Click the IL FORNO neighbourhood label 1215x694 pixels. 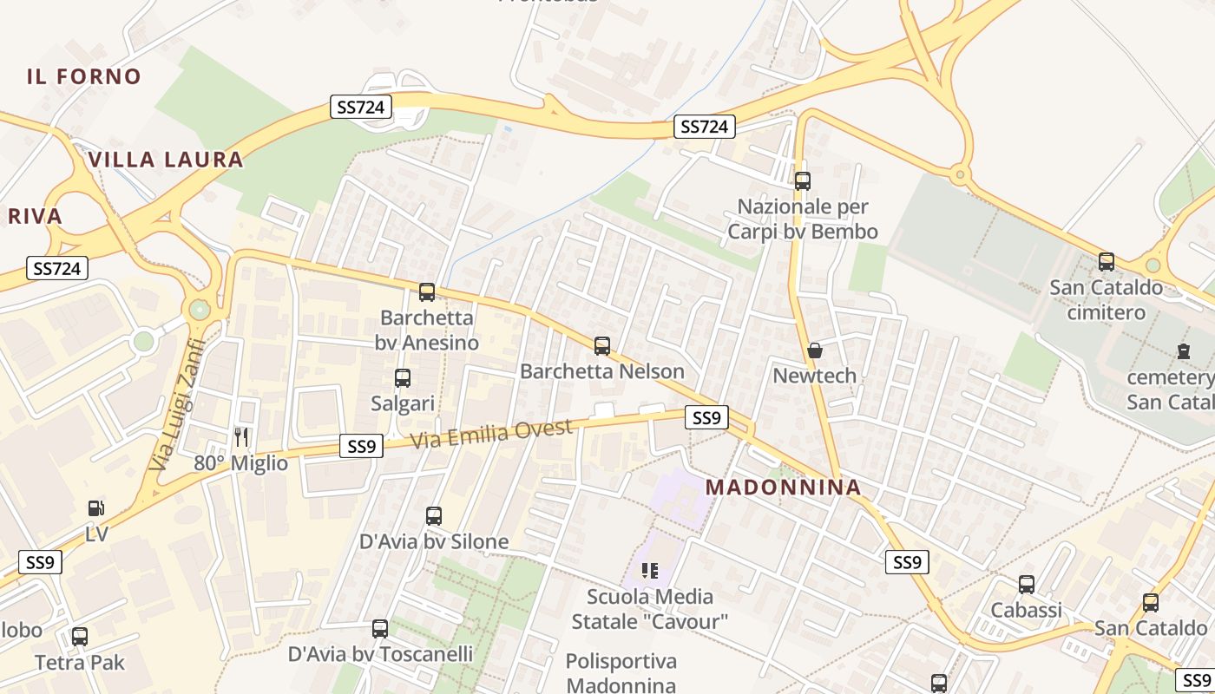(83, 76)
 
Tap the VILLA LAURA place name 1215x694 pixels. (166, 160)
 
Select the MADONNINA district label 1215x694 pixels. (784, 488)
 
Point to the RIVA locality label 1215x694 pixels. (36, 216)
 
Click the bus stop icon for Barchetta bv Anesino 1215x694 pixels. (426, 291)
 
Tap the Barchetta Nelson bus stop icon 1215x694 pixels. (601, 346)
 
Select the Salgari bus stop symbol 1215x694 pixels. (403, 378)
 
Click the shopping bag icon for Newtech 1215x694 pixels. (814, 350)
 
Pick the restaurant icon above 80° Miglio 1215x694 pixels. (241, 437)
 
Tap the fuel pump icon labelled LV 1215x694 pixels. (96, 509)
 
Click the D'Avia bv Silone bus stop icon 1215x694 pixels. (434, 516)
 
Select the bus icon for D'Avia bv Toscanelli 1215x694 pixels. (380, 628)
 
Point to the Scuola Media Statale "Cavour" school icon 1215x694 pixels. (649, 570)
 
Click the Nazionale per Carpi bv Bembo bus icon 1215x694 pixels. (803, 181)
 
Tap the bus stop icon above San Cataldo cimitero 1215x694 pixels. (1106, 261)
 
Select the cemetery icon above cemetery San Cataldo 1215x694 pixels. (1183, 351)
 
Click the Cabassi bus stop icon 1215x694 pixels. (1027, 585)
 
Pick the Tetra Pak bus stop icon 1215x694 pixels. (80, 637)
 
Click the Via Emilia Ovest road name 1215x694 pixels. (491, 433)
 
